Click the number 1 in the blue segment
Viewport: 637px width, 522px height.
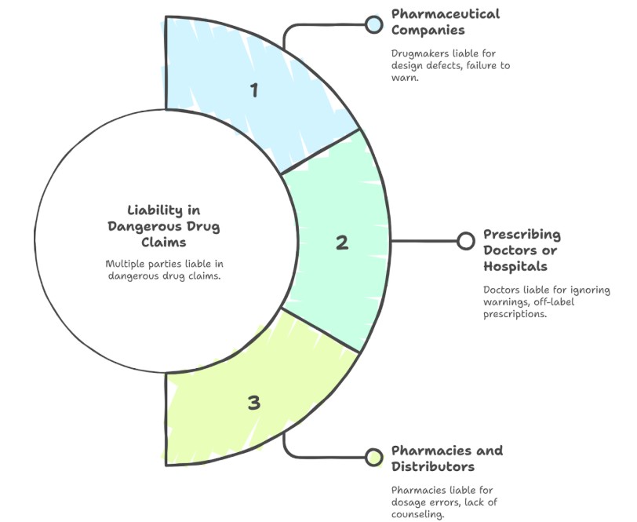[253, 90]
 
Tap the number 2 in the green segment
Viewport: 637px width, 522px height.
[342, 243]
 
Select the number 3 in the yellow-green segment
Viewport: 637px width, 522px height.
[253, 403]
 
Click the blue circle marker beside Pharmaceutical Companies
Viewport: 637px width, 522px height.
[373, 24]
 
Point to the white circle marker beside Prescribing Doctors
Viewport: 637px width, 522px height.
[465, 240]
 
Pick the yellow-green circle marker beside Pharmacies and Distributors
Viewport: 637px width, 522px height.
[373, 457]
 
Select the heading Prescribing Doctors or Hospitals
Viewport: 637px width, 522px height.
[521, 250]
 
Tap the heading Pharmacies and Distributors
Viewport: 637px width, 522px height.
[446, 458]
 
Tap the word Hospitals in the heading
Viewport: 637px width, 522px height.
[516, 266]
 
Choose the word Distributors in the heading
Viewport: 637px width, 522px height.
[432, 466]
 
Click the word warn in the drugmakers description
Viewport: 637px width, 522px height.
[405, 78]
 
